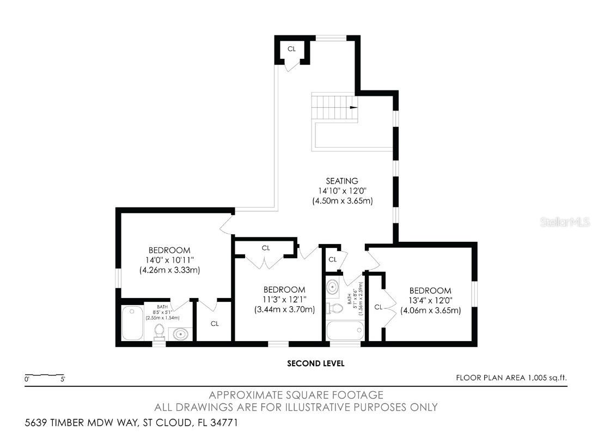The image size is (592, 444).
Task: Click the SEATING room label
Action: [x=342, y=181]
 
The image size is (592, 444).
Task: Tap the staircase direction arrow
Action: [x=353, y=107]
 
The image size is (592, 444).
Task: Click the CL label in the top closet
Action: [x=292, y=48]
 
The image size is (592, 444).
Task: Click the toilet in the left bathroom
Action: [x=159, y=331]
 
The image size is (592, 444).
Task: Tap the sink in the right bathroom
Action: [x=334, y=287]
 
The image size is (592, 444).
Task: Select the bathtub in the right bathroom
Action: [x=344, y=330]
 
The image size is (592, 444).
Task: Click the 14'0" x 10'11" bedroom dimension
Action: [x=169, y=260]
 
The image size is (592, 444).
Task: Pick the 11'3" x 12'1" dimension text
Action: [x=284, y=300]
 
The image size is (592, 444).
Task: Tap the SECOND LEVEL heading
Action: [x=316, y=363]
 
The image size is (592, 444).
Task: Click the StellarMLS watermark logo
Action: [x=564, y=222]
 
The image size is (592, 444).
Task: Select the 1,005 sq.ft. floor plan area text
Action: [x=544, y=378]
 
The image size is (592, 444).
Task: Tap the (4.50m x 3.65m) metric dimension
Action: [x=342, y=200]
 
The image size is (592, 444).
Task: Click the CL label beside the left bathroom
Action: [x=215, y=324]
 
